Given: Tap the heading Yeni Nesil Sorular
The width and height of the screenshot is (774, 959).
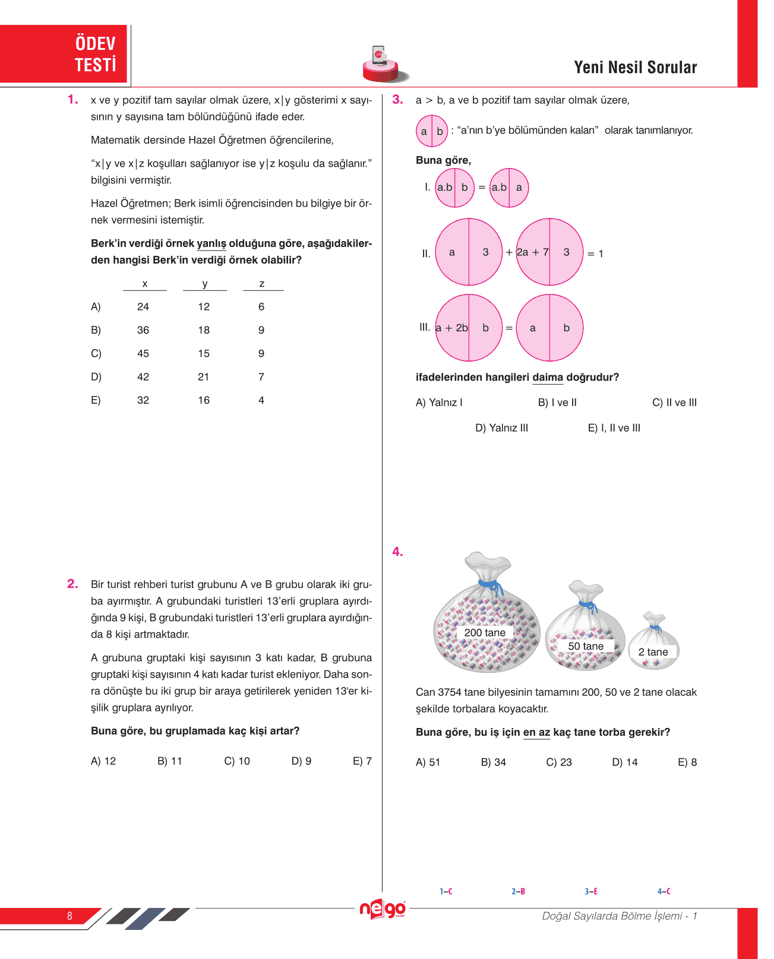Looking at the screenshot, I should click(x=635, y=68).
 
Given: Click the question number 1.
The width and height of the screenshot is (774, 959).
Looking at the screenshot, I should click(x=72, y=100).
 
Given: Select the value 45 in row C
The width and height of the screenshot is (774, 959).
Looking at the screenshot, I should click(x=143, y=353).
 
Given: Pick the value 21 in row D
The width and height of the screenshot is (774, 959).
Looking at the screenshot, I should click(x=204, y=376).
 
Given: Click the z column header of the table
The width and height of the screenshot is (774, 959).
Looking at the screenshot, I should click(x=262, y=284).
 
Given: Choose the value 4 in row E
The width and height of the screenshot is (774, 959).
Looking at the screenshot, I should click(x=261, y=400).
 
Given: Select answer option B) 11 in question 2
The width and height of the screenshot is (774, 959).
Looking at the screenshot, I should click(x=170, y=761).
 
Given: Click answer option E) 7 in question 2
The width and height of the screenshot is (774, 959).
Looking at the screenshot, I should click(x=362, y=761).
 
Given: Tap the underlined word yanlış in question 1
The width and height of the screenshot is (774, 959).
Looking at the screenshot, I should click(x=211, y=243).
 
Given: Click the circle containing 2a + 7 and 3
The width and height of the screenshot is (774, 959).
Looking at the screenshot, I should click(x=549, y=252).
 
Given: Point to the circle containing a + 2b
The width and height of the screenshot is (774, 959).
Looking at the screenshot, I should click(x=469, y=328).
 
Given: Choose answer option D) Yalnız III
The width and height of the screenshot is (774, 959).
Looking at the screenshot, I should click(x=501, y=428).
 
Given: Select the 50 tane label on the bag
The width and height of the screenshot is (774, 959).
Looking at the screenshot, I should click(x=586, y=646).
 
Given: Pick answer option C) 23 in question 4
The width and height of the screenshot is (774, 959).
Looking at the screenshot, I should click(x=559, y=762).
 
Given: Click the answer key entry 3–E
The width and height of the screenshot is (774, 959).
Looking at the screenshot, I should click(x=591, y=891).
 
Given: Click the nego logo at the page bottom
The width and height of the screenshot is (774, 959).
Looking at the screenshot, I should click(x=383, y=909).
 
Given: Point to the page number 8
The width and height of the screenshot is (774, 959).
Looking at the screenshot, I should click(x=69, y=916).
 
